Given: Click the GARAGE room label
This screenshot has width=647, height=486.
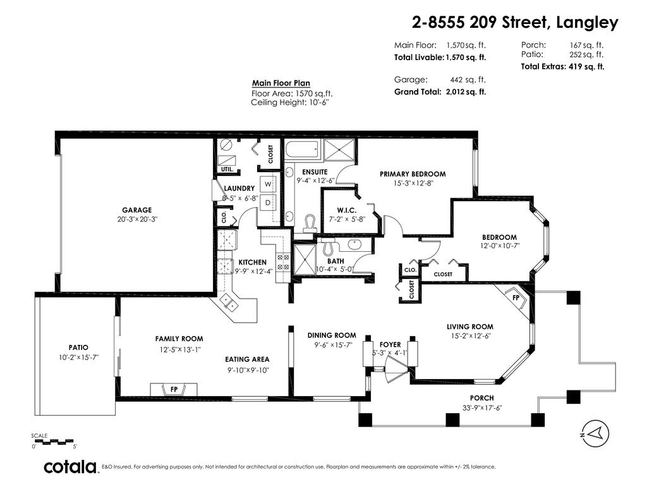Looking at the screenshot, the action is pyautogui.click(x=136, y=210).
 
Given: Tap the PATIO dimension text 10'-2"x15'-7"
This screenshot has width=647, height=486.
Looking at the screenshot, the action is pyautogui.click(x=78, y=357).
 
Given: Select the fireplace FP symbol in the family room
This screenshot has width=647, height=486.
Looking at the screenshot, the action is pyautogui.click(x=174, y=389).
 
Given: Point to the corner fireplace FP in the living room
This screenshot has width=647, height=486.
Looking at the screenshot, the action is pyautogui.click(x=516, y=299).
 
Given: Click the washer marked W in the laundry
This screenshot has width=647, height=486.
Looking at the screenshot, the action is pyautogui.click(x=268, y=184).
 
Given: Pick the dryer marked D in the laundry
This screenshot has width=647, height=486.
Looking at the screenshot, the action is pyautogui.click(x=268, y=202).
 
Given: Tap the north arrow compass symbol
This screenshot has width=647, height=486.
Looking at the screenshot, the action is pyautogui.click(x=595, y=433).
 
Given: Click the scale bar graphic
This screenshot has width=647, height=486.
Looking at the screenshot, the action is pyautogui.click(x=53, y=441).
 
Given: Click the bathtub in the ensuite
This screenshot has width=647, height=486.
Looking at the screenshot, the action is pyautogui.click(x=303, y=149).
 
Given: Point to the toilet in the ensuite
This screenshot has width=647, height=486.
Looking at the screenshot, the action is pyautogui.click(x=309, y=223).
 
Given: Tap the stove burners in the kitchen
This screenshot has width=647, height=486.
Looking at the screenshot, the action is pyautogui.click(x=283, y=262).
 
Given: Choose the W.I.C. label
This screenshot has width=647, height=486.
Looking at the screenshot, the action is pyautogui.click(x=347, y=210).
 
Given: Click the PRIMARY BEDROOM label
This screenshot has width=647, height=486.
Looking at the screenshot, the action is pyautogui.click(x=413, y=174).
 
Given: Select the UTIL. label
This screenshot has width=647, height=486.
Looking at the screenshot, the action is pyautogui.click(x=227, y=170).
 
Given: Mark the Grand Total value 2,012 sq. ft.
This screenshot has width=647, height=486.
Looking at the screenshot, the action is pyautogui.click(x=466, y=92).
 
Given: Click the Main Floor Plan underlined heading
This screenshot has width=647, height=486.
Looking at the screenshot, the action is pyautogui.click(x=281, y=83).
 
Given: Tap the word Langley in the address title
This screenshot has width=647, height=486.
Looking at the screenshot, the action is pyautogui.click(x=587, y=23).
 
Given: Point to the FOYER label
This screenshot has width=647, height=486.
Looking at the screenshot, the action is pyautogui.click(x=390, y=344).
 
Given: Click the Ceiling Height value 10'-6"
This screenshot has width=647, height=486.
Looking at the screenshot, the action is pyautogui.click(x=318, y=103).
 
